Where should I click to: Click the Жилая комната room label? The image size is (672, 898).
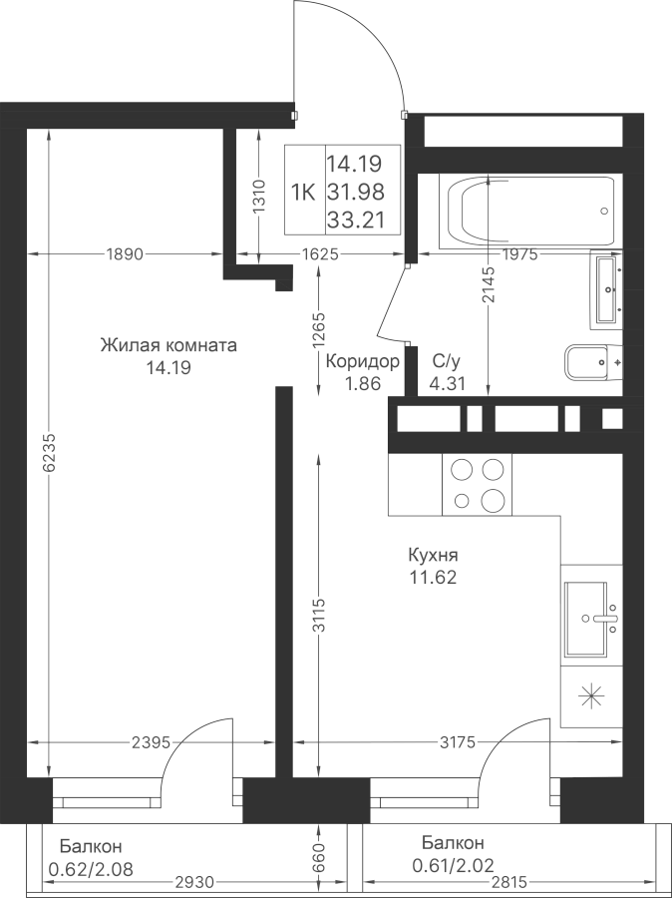[168, 346]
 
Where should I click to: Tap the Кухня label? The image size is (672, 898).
[433, 555]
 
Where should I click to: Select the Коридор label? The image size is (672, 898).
[362, 361]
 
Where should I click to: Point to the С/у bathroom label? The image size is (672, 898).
[447, 361]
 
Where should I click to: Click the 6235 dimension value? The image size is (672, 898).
[49, 452]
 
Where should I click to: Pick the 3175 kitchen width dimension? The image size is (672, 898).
[458, 742]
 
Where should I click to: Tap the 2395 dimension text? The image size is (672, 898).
[152, 742]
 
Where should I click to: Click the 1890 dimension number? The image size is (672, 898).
[125, 253]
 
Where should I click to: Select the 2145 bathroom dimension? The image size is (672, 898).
[488, 284]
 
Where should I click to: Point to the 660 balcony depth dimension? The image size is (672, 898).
[319, 857]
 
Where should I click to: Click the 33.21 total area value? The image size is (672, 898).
[356, 220]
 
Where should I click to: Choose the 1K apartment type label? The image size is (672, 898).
[303, 193]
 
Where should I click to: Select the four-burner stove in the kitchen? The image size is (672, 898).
[477, 485]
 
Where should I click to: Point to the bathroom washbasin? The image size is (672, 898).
[606, 290]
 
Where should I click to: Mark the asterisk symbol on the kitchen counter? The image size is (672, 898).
[591, 695]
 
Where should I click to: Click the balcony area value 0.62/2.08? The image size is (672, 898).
[91, 870]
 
